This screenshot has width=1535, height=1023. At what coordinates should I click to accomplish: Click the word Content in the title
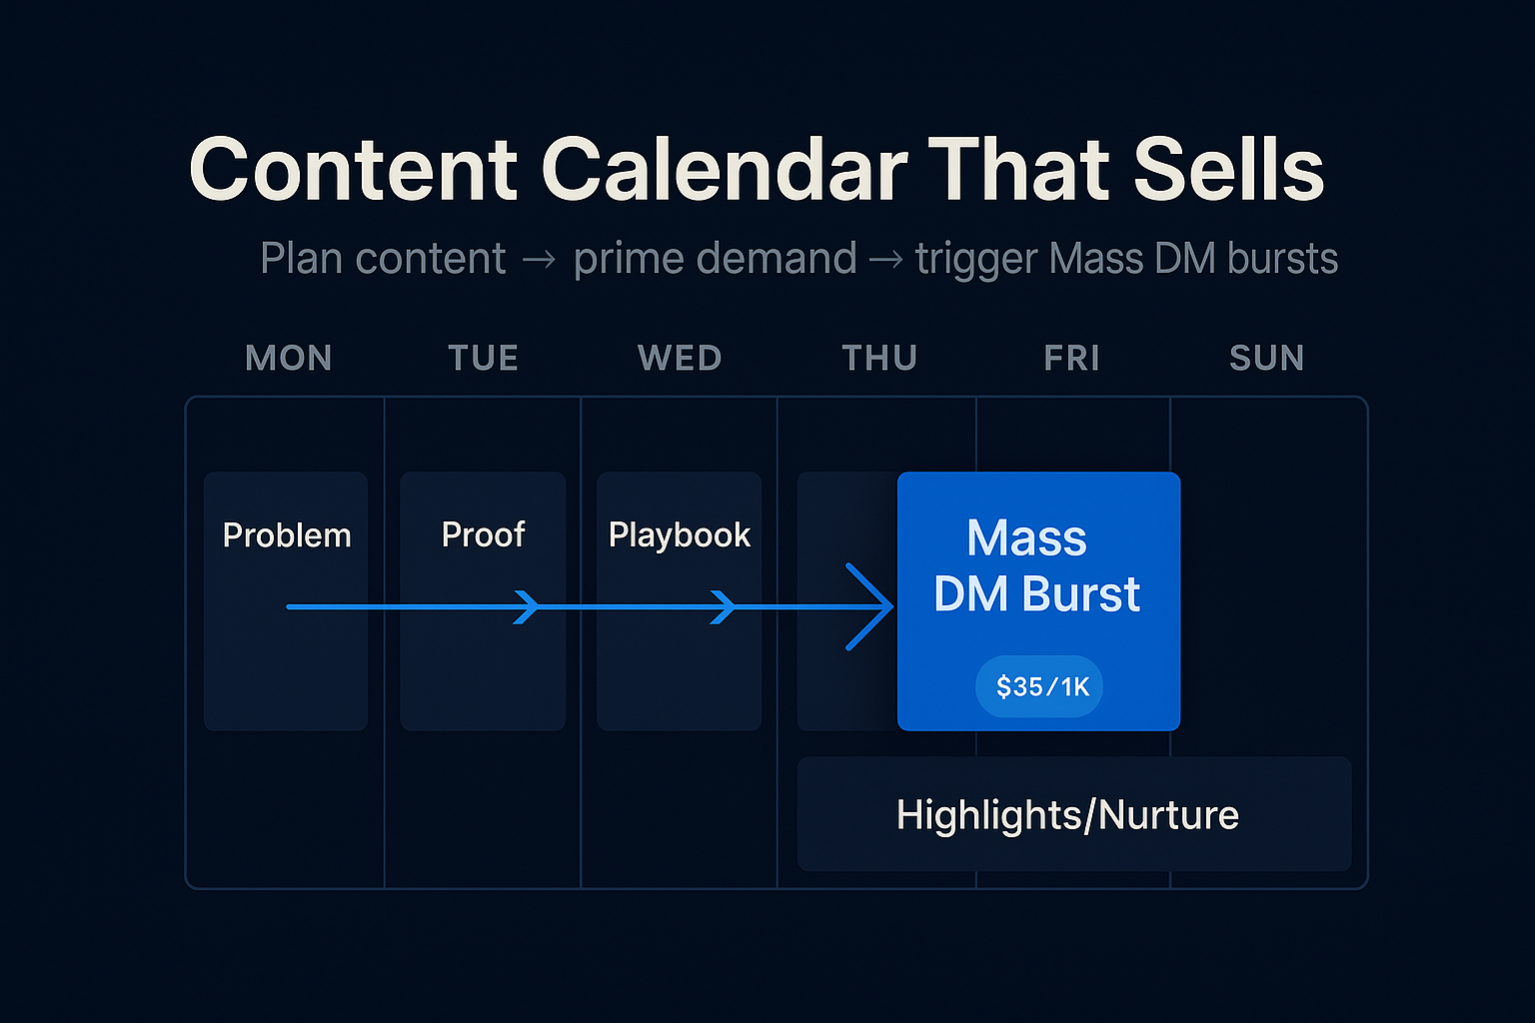click(x=353, y=169)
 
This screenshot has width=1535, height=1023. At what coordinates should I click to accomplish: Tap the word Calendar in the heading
click(x=725, y=169)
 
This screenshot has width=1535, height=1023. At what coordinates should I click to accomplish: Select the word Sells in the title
click(x=1228, y=169)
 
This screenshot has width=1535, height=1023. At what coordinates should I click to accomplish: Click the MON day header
click(x=289, y=358)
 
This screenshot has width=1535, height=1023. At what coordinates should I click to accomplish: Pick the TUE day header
click(x=483, y=358)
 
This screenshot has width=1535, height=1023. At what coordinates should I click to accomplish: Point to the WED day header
click(x=680, y=358)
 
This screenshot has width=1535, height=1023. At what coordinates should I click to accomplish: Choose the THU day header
click(x=879, y=358)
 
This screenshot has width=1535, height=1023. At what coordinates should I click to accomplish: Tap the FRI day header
click(x=1071, y=358)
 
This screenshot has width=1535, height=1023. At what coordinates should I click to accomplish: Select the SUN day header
click(x=1267, y=358)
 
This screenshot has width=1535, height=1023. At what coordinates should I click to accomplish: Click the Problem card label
click(x=287, y=535)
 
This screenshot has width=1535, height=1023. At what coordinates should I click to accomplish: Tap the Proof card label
click(x=483, y=535)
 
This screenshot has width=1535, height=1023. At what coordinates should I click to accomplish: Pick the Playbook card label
click(x=680, y=535)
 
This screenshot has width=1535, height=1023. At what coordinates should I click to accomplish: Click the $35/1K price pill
click(x=1039, y=686)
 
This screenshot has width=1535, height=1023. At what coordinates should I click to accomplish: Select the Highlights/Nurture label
click(x=1067, y=815)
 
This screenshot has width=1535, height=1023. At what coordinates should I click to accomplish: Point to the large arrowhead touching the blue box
click(x=870, y=607)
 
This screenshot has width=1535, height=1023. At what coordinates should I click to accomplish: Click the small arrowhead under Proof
click(x=527, y=607)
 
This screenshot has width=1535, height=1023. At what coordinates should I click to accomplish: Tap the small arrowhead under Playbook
click(x=723, y=607)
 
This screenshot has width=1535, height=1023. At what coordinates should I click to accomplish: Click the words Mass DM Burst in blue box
click(x=1036, y=565)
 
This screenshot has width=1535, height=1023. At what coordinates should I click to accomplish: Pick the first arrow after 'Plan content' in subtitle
click(x=539, y=260)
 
